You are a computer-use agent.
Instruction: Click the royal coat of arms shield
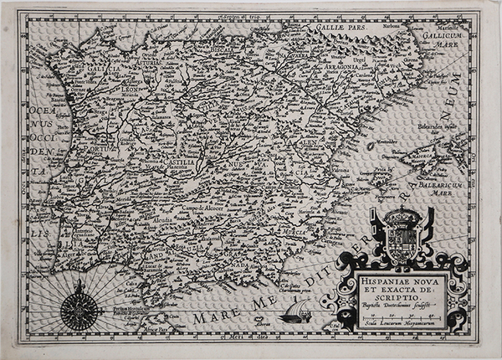pos(403,238)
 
